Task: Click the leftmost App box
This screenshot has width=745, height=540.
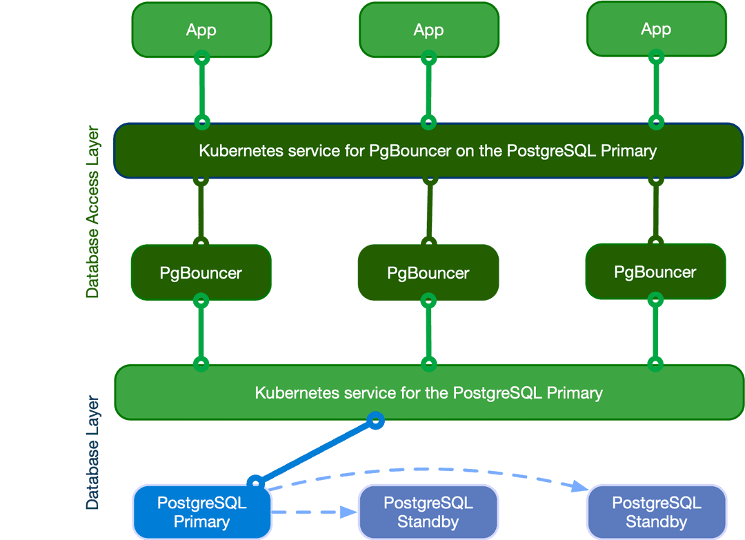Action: point(201,30)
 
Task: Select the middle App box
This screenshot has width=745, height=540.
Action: point(428,30)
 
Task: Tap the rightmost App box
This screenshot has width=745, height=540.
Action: point(656,29)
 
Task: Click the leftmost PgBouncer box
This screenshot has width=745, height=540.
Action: point(201,272)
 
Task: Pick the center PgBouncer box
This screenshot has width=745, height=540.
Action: point(428,272)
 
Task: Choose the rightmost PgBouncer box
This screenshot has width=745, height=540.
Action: point(655,272)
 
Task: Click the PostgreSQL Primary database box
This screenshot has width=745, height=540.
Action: point(202,512)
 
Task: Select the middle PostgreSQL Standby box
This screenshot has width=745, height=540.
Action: point(428,512)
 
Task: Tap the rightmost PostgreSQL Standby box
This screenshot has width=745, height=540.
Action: point(657,512)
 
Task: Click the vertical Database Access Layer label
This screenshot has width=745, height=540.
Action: point(92,212)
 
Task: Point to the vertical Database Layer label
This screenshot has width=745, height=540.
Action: point(92,452)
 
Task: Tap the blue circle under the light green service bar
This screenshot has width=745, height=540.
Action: point(375,420)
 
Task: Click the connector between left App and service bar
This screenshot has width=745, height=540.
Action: point(201,90)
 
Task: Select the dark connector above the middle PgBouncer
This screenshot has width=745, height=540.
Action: point(429,211)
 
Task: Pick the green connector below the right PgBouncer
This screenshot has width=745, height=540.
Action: point(655,332)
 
